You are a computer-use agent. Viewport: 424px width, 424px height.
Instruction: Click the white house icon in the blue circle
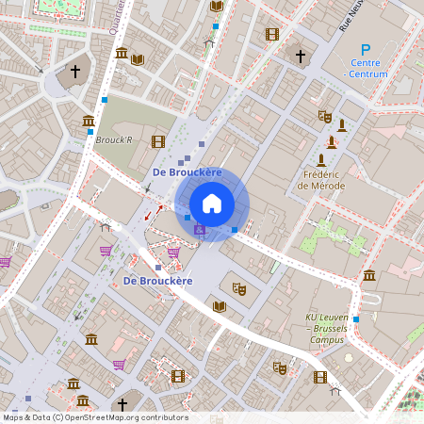pyautogui.click(x=212, y=204)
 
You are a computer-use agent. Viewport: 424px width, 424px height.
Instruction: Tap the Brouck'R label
pyautogui.click(x=114, y=139)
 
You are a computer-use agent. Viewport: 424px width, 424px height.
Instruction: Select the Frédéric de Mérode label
pyautogui.click(x=321, y=180)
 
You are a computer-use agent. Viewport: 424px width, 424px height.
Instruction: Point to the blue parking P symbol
pyautogui.click(x=366, y=50)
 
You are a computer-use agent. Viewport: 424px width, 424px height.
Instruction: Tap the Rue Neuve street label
pyautogui.click(x=352, y=18)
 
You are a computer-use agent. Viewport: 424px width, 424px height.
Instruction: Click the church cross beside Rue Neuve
pyautogui.click(x=301, y=57)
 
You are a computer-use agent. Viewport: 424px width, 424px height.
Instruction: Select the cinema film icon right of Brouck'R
pyautogui.click(x=157, y=141)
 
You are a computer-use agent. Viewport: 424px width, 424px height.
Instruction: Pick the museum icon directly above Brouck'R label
pyautogui.click(x=88, y=121)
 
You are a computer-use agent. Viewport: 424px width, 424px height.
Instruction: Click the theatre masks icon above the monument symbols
pyautogui.click(x=324, y=117)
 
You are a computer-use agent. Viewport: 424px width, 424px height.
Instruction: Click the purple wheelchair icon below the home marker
pyautogui.click(x=199, y=230)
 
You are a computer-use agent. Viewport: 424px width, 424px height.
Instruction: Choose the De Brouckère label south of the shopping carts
pyautogui.click(x=157, y=281)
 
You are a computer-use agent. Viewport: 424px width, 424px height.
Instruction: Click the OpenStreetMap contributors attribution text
pyautogui.click(x=94, y=417)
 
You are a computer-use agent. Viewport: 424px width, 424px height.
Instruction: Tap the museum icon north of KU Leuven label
pyautogui.click(x=368, y=274)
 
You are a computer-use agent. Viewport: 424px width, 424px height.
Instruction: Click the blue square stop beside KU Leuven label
pyautogui.click(x=355, y=319)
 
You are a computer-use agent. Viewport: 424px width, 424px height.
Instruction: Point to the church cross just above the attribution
pyautogui.click(x=122, y=404)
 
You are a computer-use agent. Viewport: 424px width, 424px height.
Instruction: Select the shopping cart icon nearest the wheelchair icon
pyautogui.click(x=173, y=252)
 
